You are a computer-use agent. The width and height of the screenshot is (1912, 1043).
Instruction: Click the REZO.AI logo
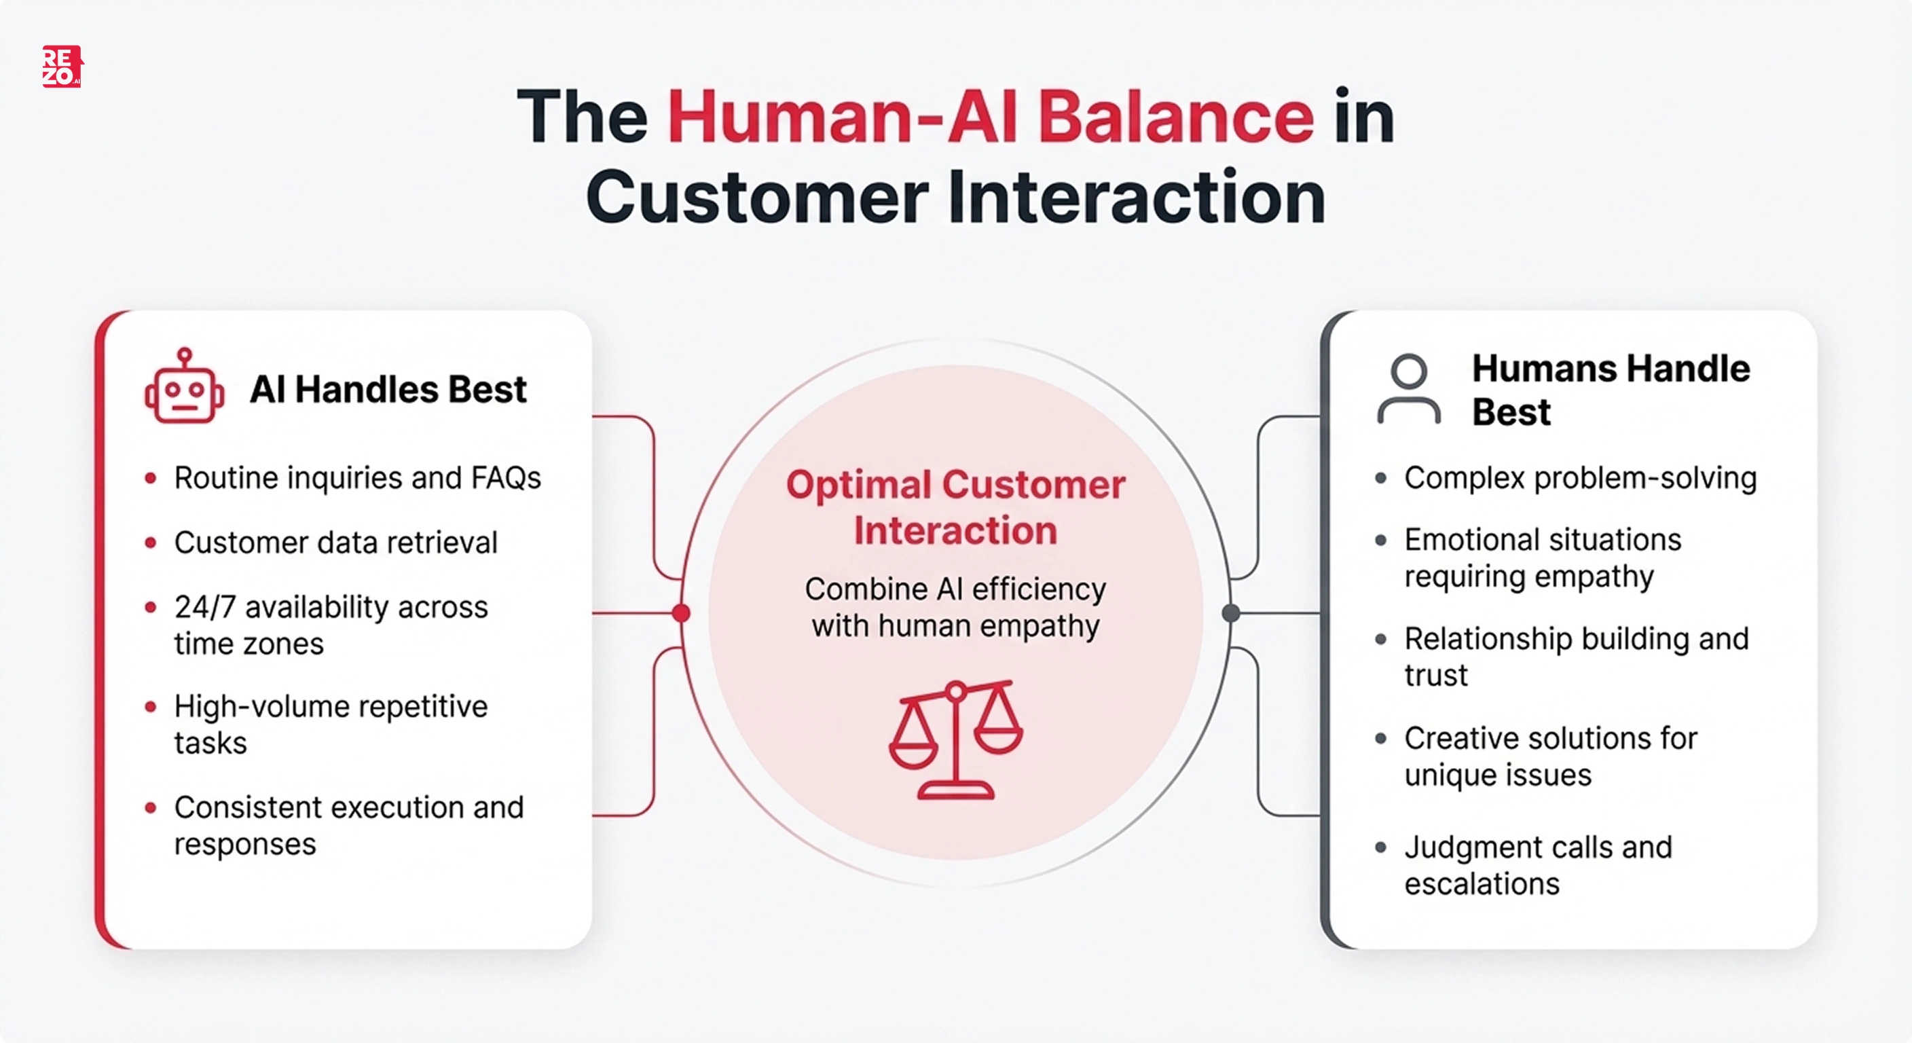pos(62,67)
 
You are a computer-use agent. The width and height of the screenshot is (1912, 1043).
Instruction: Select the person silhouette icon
pos(1408,390)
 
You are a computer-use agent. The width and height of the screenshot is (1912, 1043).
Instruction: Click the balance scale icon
pos(956,739)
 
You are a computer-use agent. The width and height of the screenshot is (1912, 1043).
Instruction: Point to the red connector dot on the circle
pos(680,613)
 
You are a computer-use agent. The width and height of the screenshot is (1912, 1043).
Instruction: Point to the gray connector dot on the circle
pos(1230,613)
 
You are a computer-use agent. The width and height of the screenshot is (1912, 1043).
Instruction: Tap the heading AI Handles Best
pos(388,389)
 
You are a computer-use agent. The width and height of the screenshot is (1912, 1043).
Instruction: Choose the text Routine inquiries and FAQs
pos(357,478)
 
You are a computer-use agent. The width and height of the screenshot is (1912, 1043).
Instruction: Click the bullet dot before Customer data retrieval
pos(151,543)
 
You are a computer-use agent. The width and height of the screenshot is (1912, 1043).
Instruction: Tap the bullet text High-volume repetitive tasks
pos(330,724)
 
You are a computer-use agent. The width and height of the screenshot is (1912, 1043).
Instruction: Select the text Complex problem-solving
pos(1579,478)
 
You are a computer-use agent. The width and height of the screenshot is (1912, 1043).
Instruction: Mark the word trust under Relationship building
pos(1435,676)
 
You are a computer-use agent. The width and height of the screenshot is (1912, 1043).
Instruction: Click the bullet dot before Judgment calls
pos(1380,847)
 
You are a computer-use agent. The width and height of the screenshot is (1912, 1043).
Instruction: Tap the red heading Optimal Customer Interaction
pos(955,508)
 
